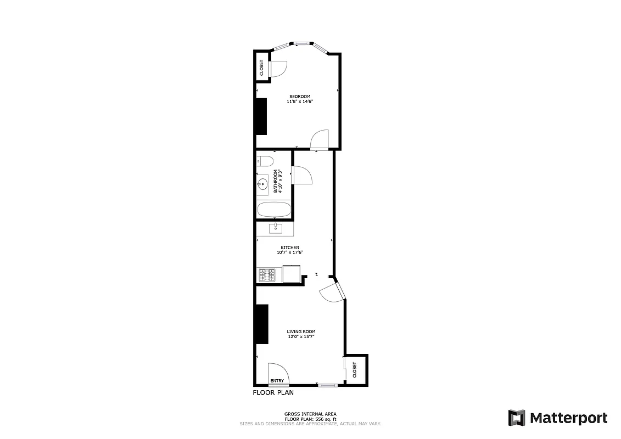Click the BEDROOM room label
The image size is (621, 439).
[300, 97]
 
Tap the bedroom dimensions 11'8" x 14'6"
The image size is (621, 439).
[300, 102]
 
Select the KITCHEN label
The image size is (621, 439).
[290, 247]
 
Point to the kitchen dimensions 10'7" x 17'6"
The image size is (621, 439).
[290, 252]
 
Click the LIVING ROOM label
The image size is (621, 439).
[301, 331]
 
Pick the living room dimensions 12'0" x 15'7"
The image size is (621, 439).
[301, 336]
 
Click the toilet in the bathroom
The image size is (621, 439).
[265, 161]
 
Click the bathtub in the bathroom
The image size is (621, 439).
[273, 210]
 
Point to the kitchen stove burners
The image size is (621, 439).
[267, 274]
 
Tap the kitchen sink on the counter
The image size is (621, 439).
[275, 228]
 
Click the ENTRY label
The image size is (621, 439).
[277, 381]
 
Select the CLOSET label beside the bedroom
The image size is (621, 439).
[261, 67]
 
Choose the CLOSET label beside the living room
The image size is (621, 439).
[355, 369]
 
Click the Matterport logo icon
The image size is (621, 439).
[516, 418]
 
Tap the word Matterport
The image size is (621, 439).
[568, 418]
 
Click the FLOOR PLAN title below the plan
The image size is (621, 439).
[273, 393]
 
